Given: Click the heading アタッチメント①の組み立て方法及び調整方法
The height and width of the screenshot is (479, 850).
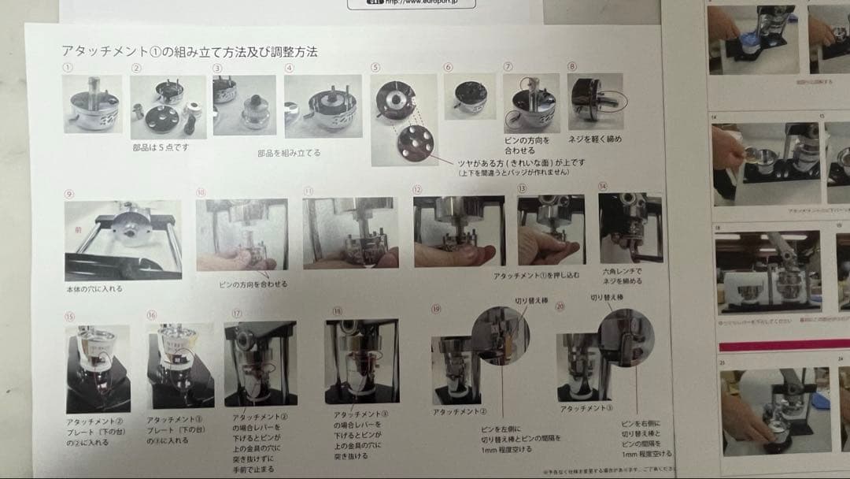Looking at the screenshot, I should (x=190, y=52).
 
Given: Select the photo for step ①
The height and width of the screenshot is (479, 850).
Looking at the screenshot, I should (x=93, y=104).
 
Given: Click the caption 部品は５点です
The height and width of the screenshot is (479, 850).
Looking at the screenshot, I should (x=161, y=147).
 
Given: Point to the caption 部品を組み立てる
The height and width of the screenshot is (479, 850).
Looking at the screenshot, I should (x=289, y=153).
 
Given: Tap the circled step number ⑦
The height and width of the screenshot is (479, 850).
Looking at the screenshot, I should (x=508, y=67).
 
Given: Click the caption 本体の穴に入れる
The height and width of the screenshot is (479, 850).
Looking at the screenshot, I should (x=94, y=288).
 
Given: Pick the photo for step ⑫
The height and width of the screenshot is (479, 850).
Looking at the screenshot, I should (x=459, y=231).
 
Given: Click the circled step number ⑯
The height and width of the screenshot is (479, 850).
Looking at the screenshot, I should (x=152, y=315).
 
